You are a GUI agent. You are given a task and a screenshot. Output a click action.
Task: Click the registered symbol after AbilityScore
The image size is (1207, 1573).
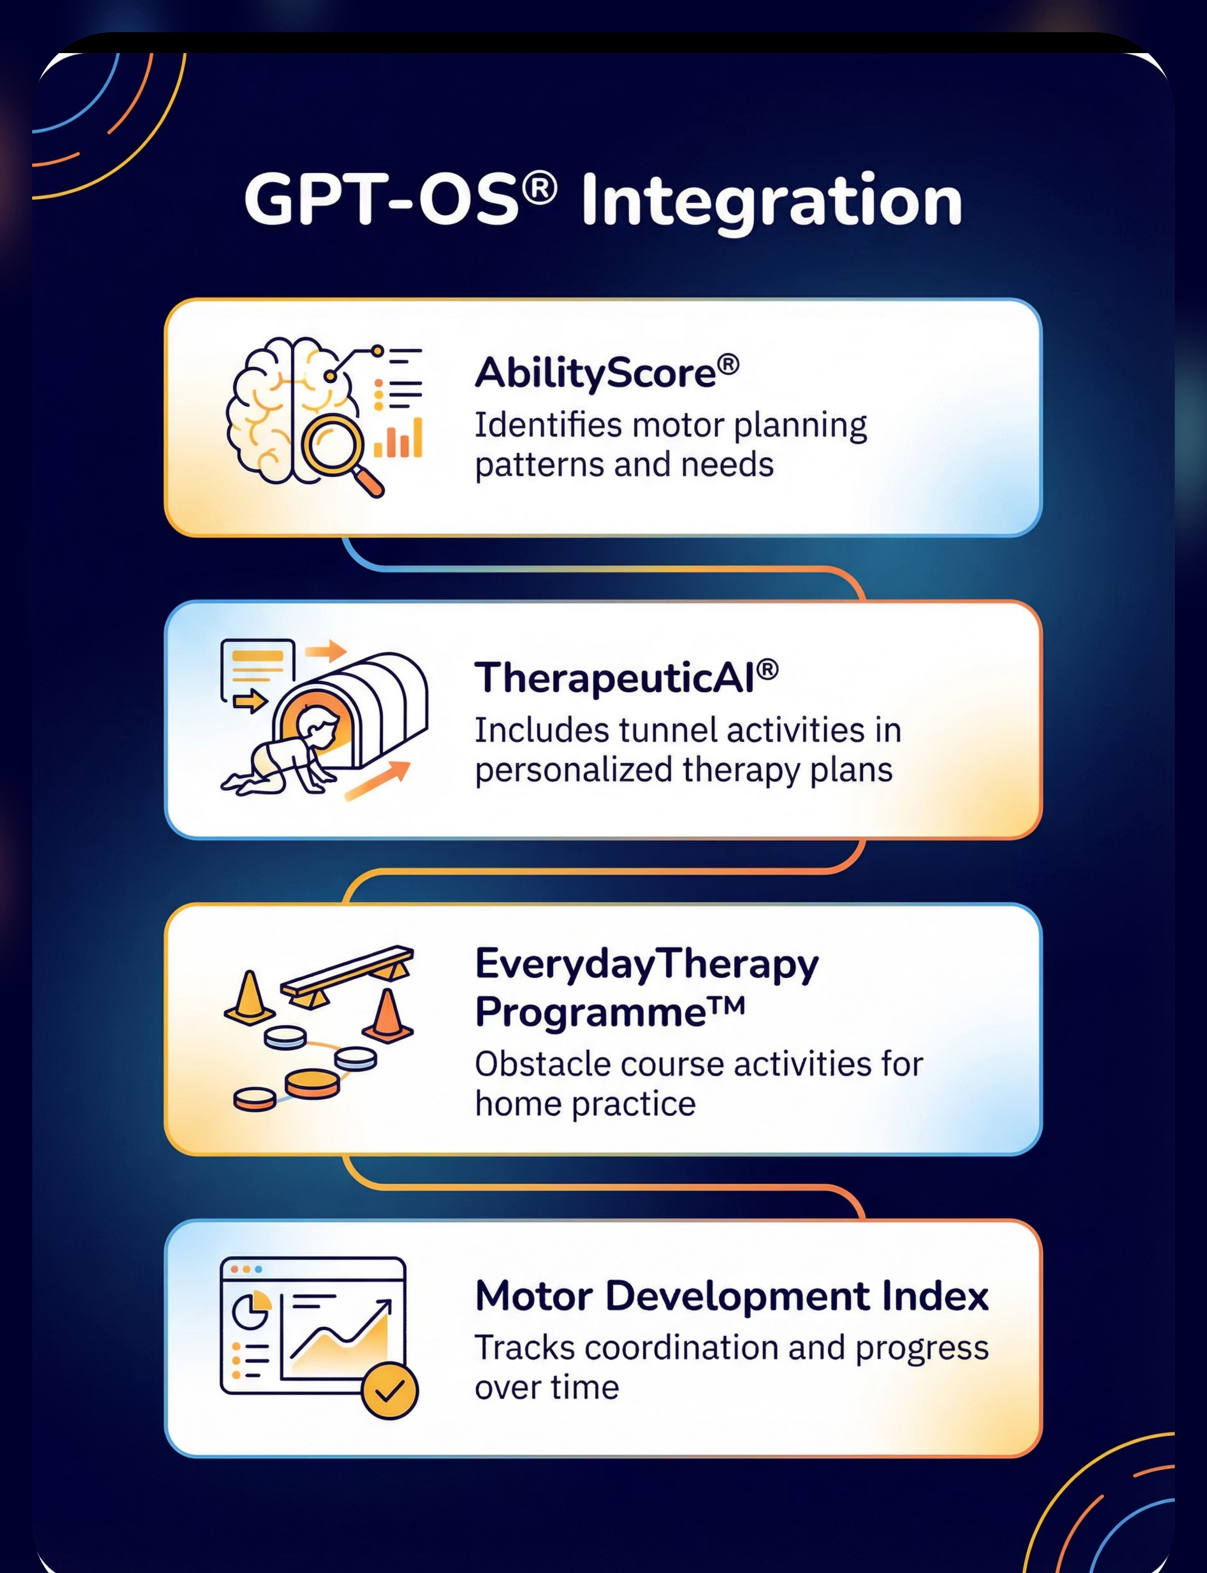[728, 365]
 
